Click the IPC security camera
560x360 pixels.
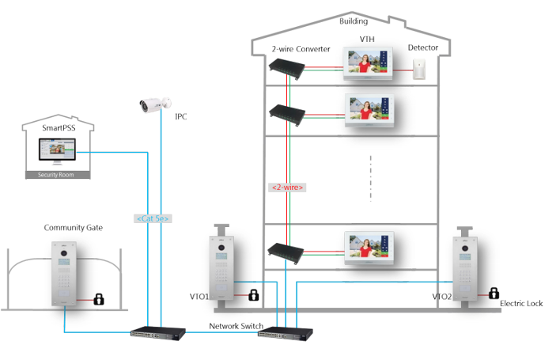pos(155,104)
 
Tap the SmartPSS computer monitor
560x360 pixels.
pos(57,151)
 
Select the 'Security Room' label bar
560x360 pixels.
pos(58,175)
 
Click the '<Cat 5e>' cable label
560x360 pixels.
pos(153,218)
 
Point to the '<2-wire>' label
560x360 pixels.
pos(287,188)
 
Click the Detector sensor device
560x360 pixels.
pos(419,70)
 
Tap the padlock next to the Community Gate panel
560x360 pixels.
pos(99,299)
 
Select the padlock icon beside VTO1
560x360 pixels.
pos(254,295)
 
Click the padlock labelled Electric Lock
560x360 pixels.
pos(494,294)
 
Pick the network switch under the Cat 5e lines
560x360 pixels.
pos(158,333)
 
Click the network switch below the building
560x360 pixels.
pos(285,334)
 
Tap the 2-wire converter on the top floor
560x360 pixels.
pos(287,68)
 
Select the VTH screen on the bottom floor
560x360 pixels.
pos(369,247)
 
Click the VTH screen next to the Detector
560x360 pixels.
pos(368,63)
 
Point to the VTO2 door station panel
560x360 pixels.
pos(465,269)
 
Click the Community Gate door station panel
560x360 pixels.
pos(64,274)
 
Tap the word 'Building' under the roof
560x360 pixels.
pos(354,21)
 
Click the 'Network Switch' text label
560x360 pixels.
pos(236,326)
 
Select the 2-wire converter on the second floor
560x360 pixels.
pos(287,114)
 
